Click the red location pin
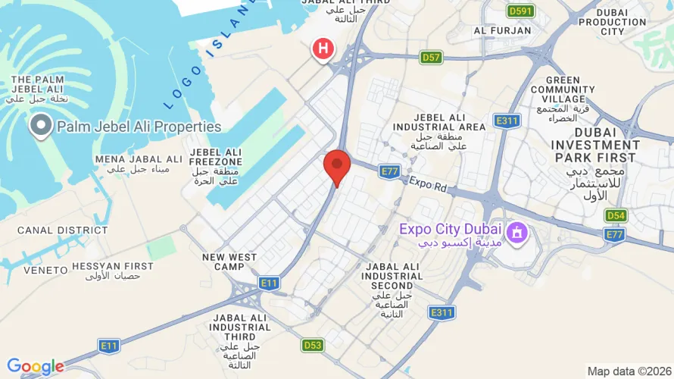337,166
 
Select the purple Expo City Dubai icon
517,230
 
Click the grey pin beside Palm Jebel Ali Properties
40,125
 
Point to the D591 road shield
521,11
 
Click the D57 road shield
432,57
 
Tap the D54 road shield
616,215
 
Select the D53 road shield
313,345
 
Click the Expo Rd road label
429,185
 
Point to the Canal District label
52,230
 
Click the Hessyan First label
113,267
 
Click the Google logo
35,368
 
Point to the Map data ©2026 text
628,371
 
